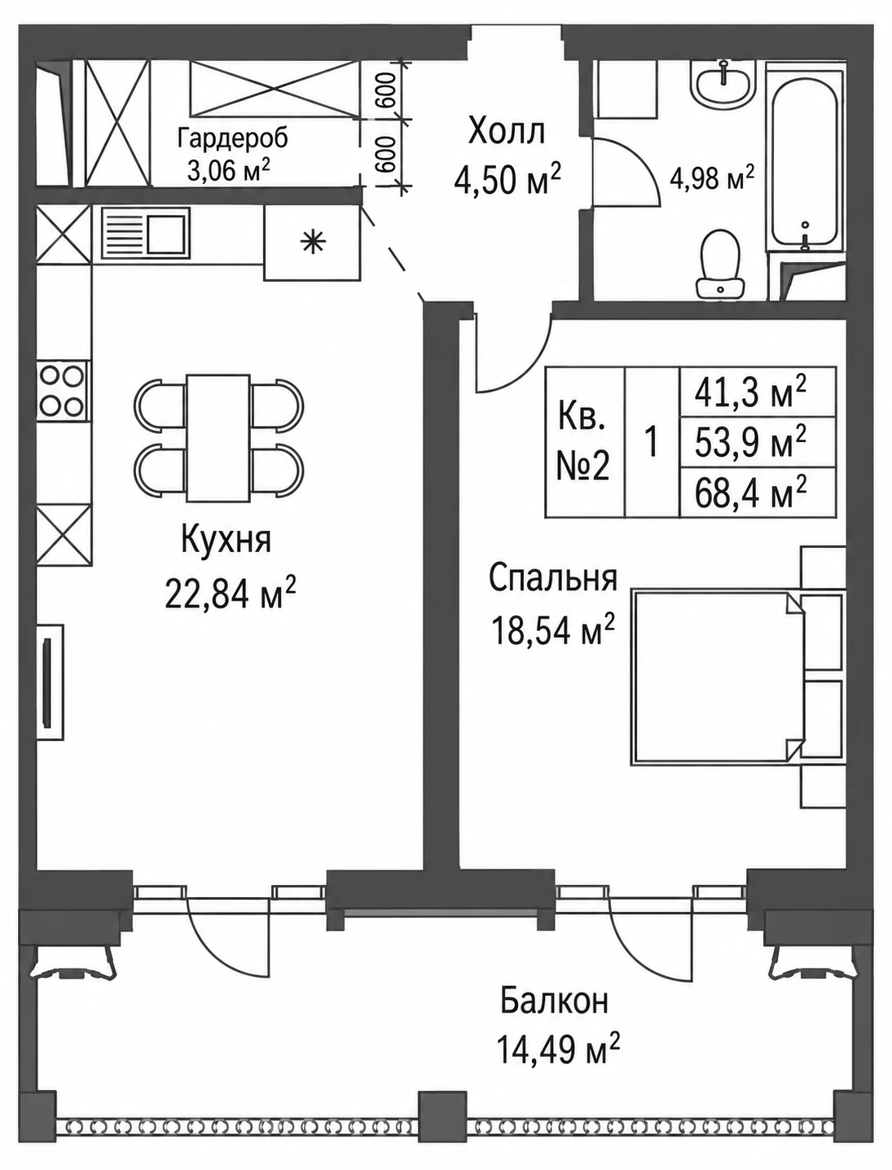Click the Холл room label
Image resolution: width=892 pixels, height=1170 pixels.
point(507,132)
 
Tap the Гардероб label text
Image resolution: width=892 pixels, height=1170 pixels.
point(233,138)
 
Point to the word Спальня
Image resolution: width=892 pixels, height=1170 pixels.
point(553,578)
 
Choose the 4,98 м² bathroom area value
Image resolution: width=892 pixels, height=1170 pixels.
point(712,179)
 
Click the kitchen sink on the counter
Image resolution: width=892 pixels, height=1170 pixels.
point(145,234)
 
